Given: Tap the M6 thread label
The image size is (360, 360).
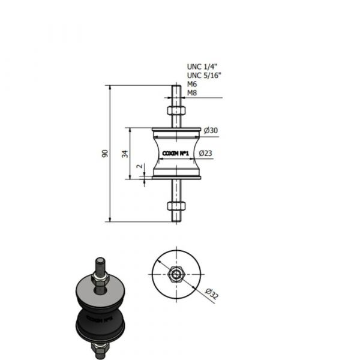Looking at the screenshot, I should click(192, 85).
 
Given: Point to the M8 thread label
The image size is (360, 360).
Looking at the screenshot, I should click(192, 93).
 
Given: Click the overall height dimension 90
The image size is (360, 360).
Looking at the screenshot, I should click(105, 154).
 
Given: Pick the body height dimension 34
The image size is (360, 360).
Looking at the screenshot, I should click(125, 154).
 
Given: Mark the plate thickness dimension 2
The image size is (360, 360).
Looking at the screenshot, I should click(139, 166).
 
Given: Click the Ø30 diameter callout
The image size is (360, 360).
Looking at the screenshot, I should click(210, 131).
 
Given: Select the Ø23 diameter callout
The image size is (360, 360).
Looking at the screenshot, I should click(206, 154).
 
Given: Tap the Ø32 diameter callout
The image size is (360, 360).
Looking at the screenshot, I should click(211, 292).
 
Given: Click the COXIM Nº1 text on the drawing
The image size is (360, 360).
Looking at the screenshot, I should click(176, 154).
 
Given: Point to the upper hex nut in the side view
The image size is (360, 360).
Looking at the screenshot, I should click(175, 111).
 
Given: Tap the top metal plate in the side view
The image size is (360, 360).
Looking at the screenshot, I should click(176, 128).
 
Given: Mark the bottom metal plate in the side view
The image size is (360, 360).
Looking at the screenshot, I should click(176, 177).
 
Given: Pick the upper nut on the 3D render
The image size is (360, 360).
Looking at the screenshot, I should click(100, 277).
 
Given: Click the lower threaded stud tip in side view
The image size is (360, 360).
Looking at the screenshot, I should click(175, 220).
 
